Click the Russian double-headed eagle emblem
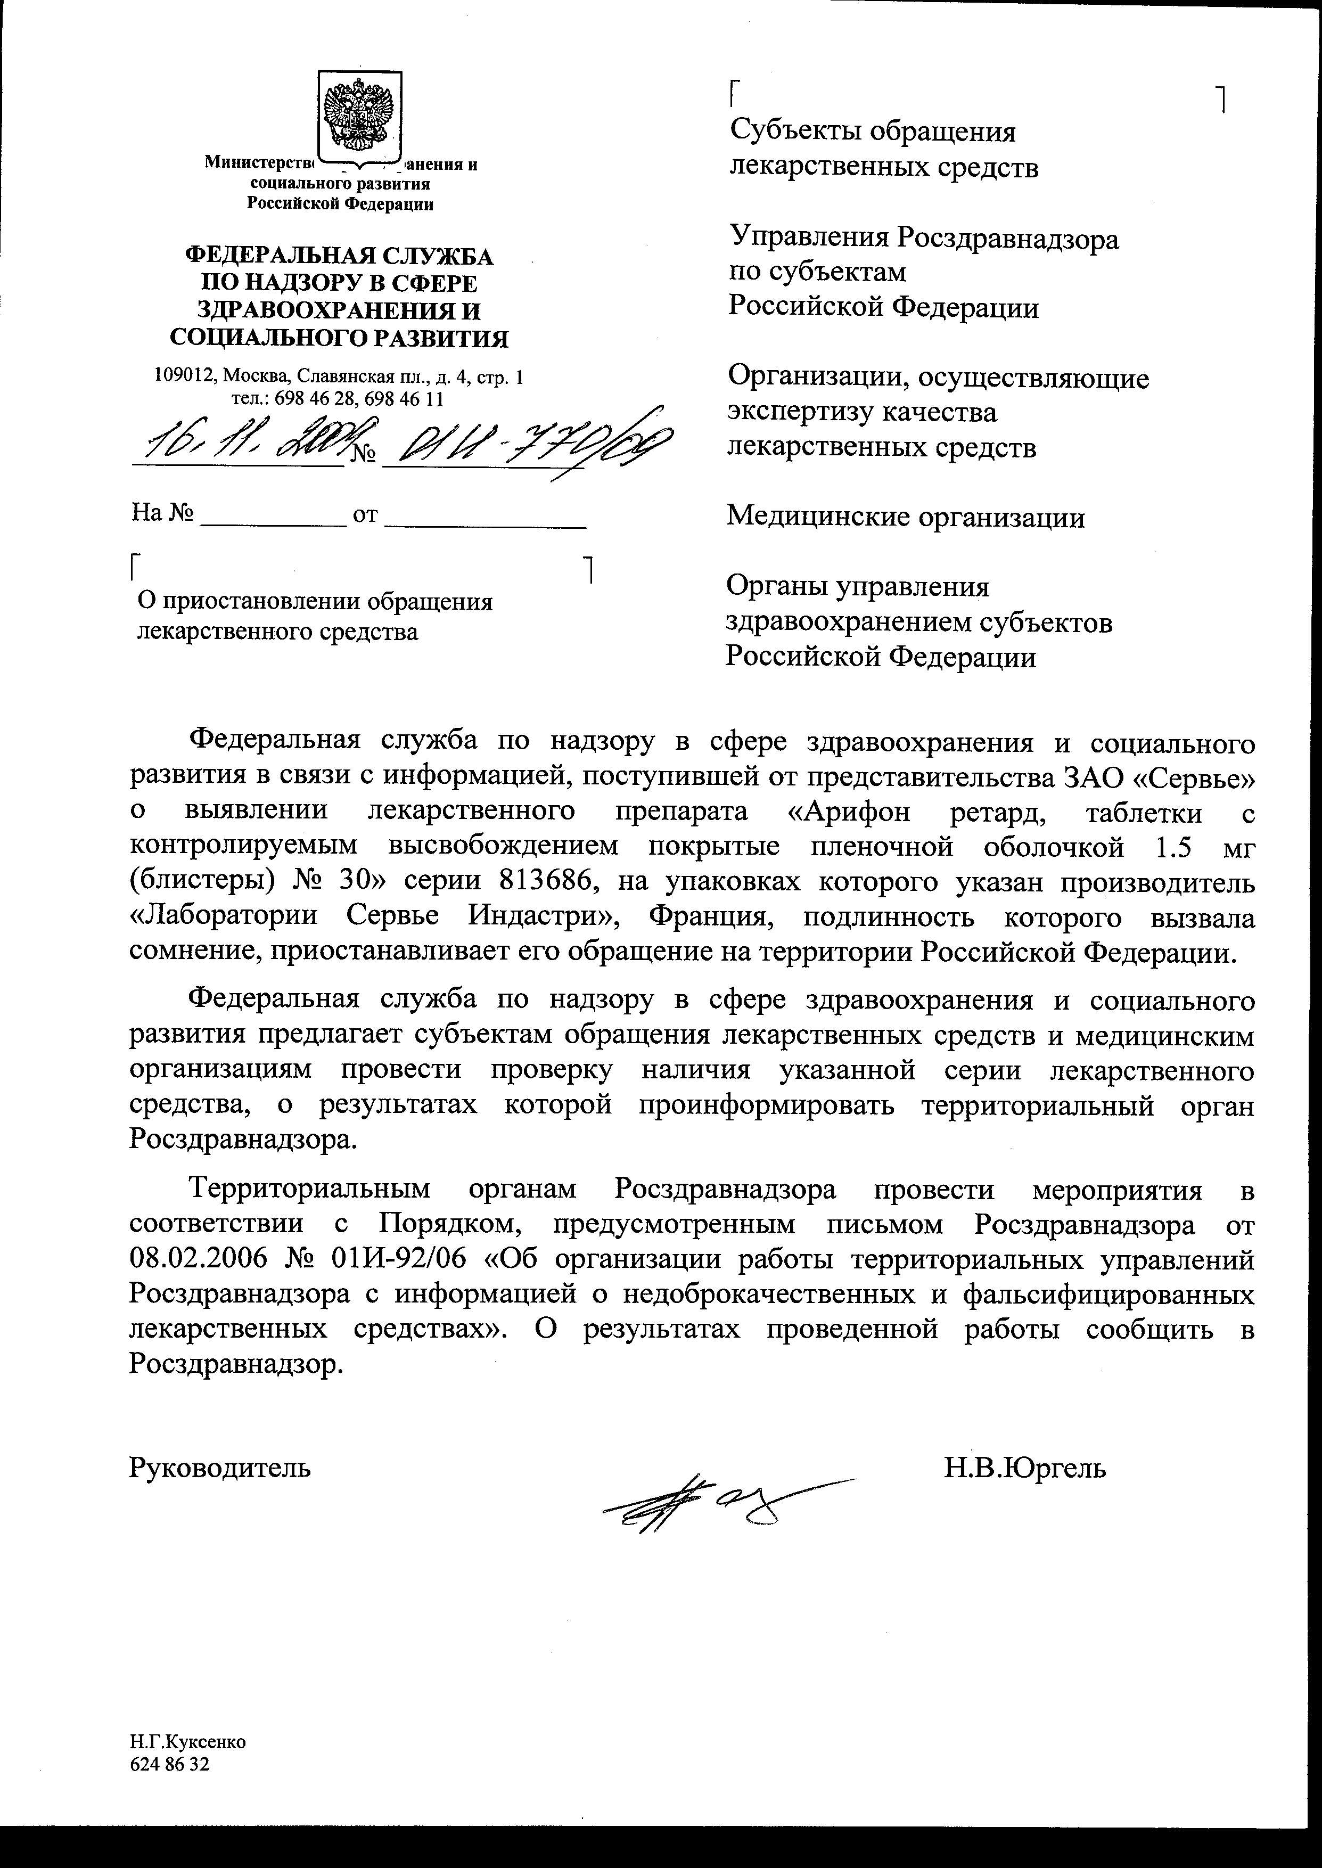coord(358,114)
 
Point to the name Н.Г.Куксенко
coord(187,1742)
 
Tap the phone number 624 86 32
coord(169,1764)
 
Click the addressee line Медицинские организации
coord(905,517)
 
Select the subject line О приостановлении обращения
coord(315,602)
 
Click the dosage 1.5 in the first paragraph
coord(1173,847)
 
